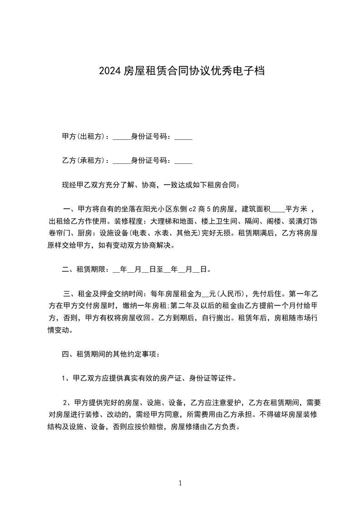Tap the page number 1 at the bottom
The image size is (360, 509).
click(x=180, y=483)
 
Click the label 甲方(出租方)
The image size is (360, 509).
click(x=84, y=137)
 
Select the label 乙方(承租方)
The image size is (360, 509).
click(x=84, y=161)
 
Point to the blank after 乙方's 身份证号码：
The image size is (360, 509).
click(x=183, y=161)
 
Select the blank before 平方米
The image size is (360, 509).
click(x=278, y=210)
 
